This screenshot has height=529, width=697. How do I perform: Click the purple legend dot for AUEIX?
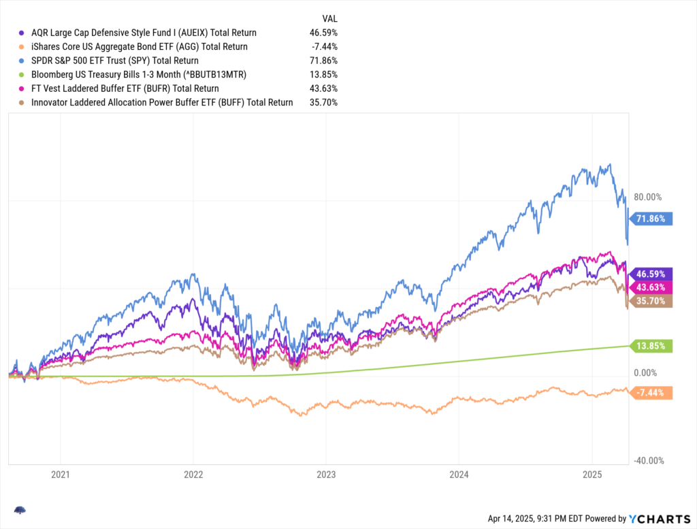[x=22, y=33]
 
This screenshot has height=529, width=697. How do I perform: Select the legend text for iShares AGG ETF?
[x=140, y=46]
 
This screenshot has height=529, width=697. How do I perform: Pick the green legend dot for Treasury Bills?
[x=22, y=74]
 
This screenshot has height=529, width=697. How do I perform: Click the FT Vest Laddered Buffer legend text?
[x=125, y=89]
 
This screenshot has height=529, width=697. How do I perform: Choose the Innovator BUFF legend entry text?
[x=162, y=102]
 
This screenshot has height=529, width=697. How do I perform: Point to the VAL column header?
[x=329, y=18]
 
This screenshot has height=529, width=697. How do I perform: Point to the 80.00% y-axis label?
[x=648, y=197]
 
